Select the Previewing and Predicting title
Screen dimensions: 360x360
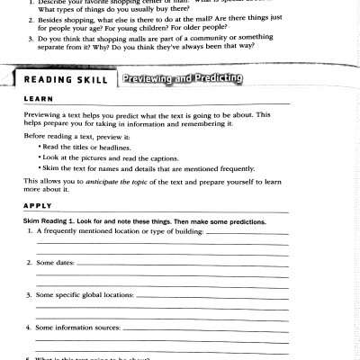tap(183, 79)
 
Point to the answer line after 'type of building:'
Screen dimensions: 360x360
tap(247, 233)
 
